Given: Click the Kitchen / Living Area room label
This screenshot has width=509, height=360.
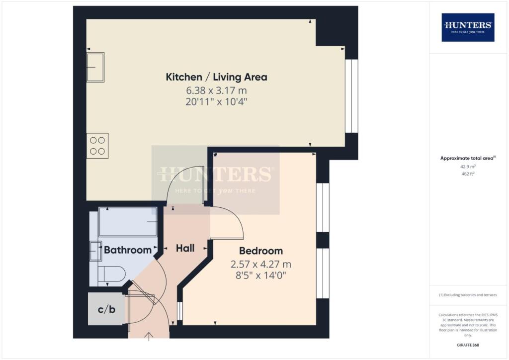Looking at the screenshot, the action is (x=217, y=77).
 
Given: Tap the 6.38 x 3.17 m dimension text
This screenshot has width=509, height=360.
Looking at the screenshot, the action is (x=217, y=90).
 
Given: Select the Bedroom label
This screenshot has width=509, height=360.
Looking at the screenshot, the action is (x=261, y=251).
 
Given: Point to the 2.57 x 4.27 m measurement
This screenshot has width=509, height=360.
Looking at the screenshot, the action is (x=261, y=264).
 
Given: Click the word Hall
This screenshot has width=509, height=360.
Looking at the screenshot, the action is (x=185, y=248).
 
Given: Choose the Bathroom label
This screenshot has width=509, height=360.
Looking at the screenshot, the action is (x=128, y=250).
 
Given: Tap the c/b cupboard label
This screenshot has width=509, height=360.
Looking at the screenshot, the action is (x=106, y=309).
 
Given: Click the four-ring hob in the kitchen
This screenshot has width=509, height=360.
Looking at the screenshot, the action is (x=97, y=146).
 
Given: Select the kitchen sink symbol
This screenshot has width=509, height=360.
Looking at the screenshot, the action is (x=95, y=67).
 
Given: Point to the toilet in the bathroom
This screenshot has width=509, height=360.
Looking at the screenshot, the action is (x=111, y=274).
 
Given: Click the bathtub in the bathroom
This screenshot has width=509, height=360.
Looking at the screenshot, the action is (x=128, y=222).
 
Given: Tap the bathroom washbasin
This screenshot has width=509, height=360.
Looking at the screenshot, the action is (x=96, y=251).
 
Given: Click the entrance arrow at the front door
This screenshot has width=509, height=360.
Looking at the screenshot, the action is (x=149, y=337).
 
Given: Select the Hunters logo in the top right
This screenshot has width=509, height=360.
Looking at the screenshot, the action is (x=468, y=27).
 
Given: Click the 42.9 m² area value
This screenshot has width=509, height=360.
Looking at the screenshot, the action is (x=468, y=167).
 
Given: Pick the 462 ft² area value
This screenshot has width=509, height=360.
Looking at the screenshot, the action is (x=468, y=174).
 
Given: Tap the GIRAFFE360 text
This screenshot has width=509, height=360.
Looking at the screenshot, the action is (x=468, y=345).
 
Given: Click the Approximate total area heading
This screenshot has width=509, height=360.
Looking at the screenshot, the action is (x=468, y=159).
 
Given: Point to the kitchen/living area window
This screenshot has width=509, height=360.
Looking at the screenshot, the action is (x=351, y=96).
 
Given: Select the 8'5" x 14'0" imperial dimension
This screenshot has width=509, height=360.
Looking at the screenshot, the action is (x=261, y=275).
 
